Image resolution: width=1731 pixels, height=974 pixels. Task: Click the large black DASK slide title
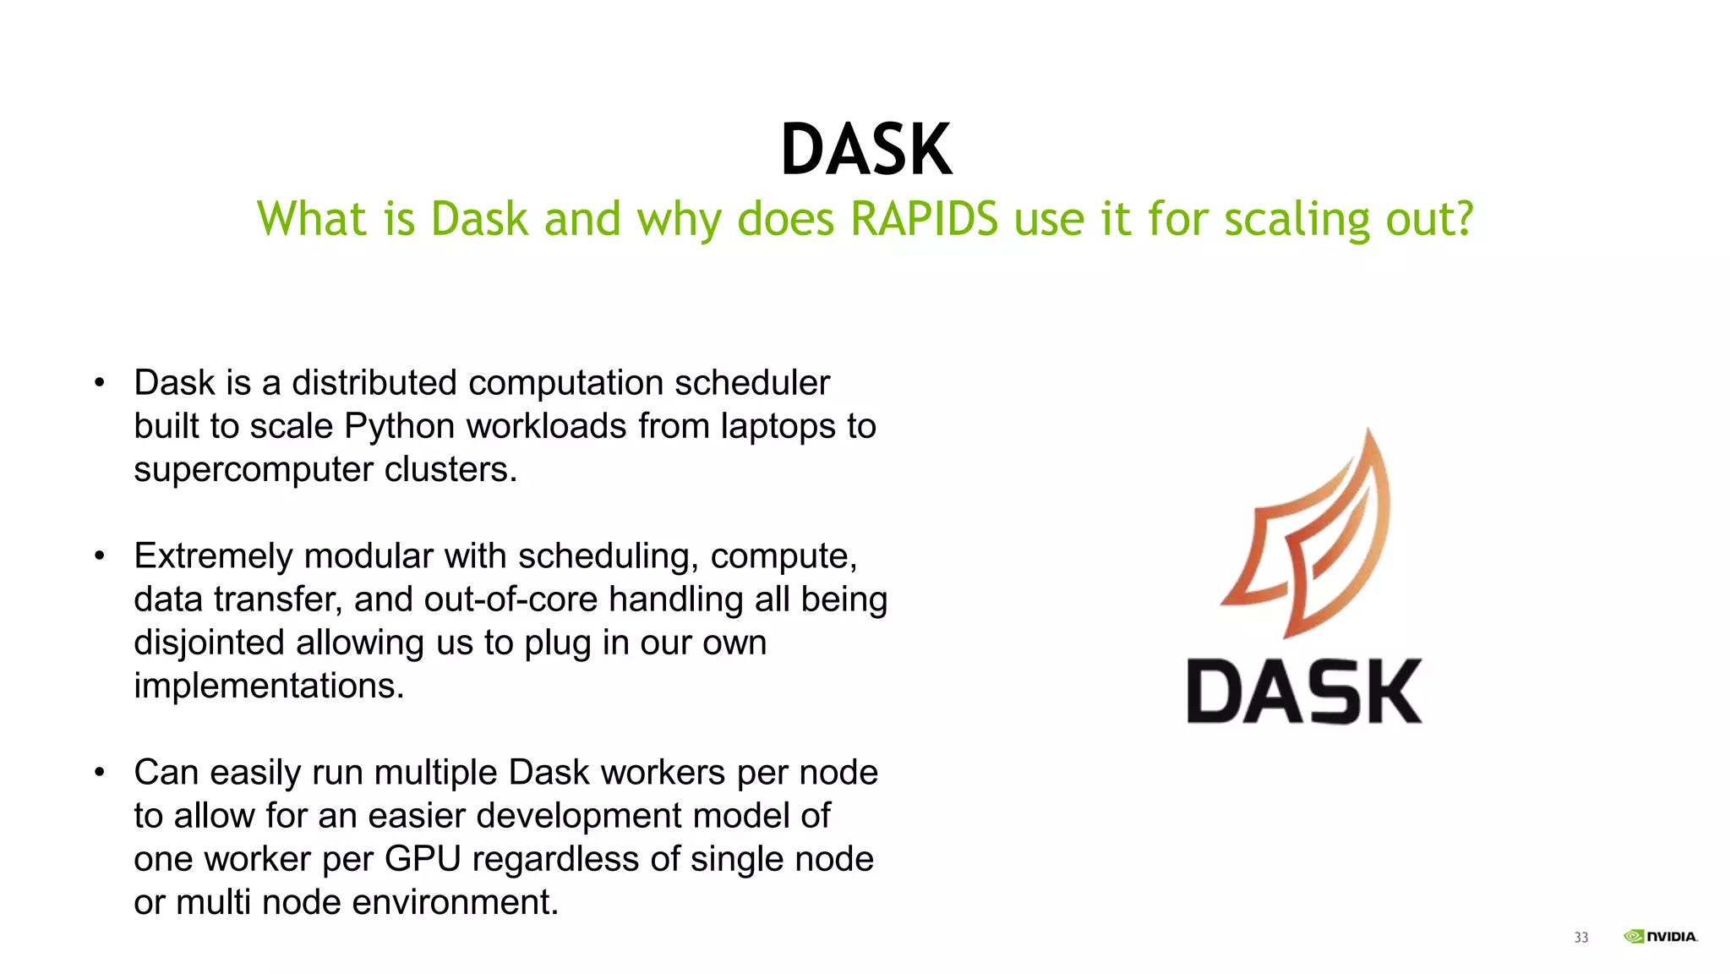pyautogui.click(x=866, y=150)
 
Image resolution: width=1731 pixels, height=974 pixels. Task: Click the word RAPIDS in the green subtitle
pyautogui.click(x=924, y=219)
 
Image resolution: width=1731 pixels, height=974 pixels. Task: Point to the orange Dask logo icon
pyautogui.click(x=1306, y=533)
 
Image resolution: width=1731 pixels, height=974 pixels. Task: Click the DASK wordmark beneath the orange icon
pyautogui.click(x=1304, y=692)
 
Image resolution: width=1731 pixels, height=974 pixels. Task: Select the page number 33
pyautogui.click(x=1581, y=938)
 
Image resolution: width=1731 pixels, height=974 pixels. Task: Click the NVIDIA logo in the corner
pyautogui.click(x=1660, y=936)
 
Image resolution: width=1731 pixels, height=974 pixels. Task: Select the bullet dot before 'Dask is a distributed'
pyautogui.click(x=100, y=383)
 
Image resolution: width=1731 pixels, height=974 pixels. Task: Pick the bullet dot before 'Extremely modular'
pyautogui.click(x=100, y=556)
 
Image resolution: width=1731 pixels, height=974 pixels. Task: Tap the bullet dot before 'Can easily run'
pyautogui.click(x=100, y=773)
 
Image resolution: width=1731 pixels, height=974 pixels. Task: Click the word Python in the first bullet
pyautogui.click(x=399, y=426)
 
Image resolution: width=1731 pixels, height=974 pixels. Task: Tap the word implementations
pyautogui.click(x=269, y=686)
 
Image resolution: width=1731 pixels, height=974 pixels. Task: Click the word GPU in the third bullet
pyautogui.click(x=423, y=859)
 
